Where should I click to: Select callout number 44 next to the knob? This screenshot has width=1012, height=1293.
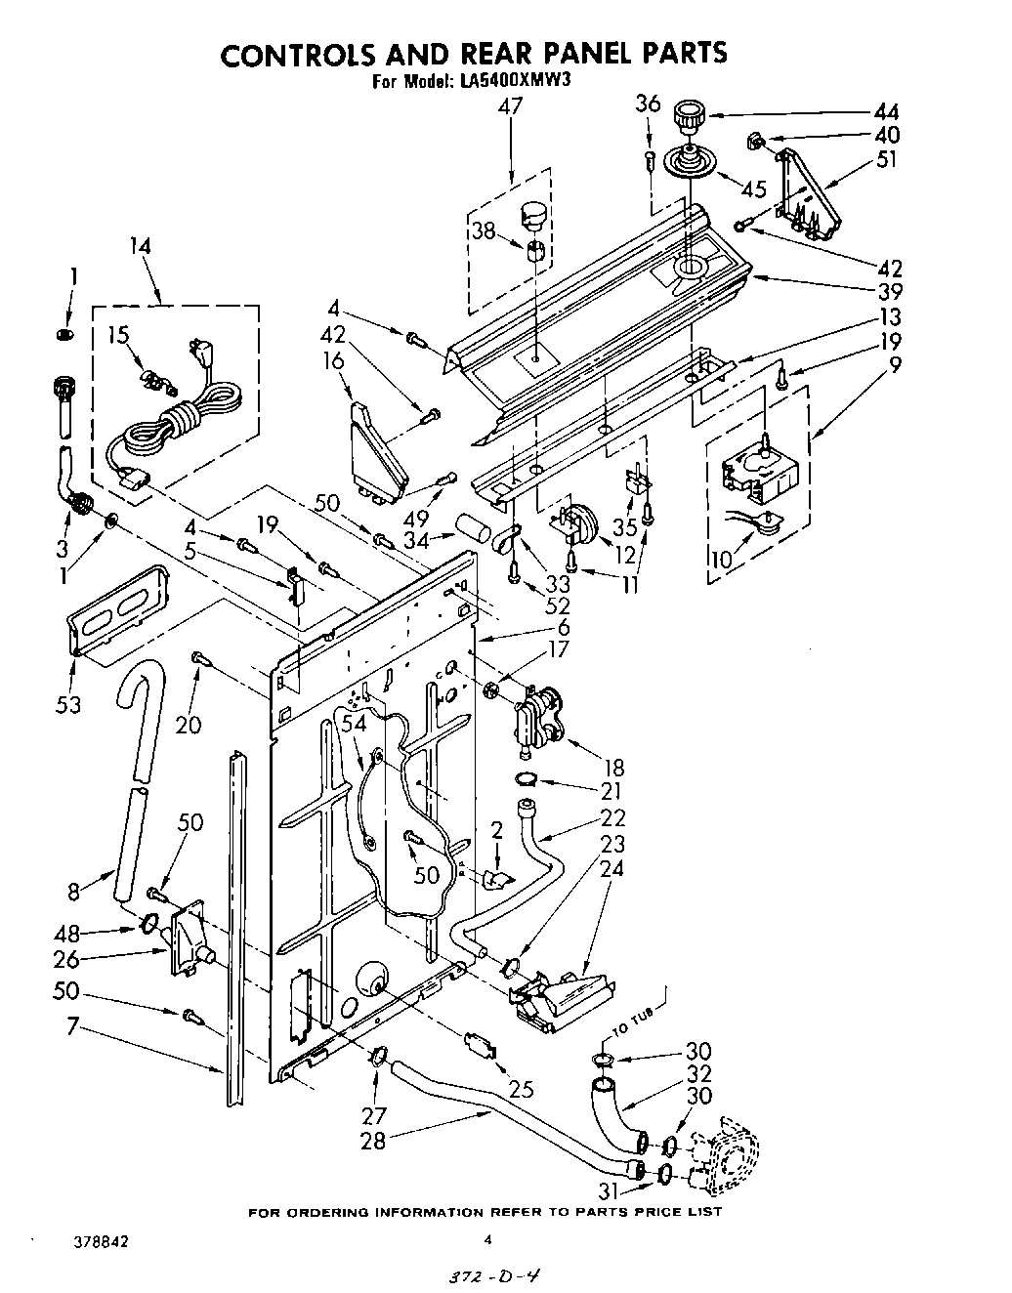coord(886,111)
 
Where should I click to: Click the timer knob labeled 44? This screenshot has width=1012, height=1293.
coord(690,119)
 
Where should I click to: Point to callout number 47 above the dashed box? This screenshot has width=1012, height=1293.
coord(510,106)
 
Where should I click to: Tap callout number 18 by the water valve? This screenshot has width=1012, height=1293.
coord(613,768)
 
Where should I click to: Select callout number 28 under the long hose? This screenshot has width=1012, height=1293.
coord(373,1139)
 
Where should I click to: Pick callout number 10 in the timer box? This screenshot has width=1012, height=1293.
coord(720,560)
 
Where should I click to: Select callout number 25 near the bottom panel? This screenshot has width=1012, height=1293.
coord(522,1088)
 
